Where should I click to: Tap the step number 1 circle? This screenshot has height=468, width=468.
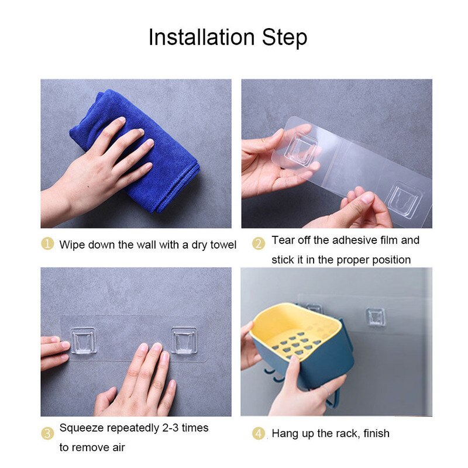48,244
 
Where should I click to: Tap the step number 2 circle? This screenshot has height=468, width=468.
258,244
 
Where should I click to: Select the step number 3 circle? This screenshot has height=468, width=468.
48,433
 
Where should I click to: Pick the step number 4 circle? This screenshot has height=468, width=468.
258,433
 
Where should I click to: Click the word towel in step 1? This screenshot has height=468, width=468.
223,245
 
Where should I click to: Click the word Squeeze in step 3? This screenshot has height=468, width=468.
80,428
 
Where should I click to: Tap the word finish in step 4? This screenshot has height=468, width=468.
376,433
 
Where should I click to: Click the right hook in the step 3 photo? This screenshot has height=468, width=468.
184,340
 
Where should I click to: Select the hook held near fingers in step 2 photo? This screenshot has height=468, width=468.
302,150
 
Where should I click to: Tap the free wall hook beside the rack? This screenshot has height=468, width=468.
375,316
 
